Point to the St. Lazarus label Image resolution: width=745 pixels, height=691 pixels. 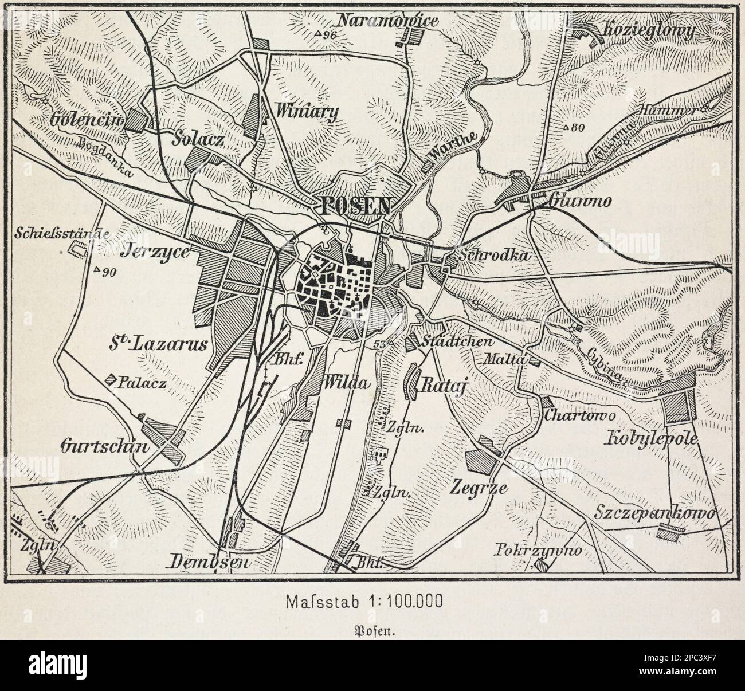pos(158,344)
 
